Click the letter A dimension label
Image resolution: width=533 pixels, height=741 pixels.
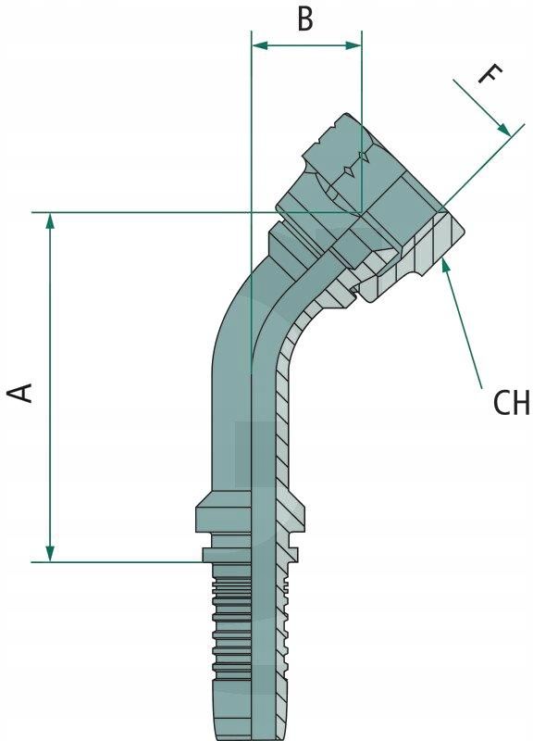(x=21, y=393)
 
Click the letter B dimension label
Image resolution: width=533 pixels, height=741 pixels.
(x=305, y=19)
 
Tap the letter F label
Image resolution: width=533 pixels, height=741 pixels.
(x=490, y=75)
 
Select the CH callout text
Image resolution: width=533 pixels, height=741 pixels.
(x=512, y=403)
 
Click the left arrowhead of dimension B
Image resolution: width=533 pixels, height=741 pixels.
(x=260, y=45)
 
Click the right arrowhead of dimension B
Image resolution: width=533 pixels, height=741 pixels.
(x=353, y=45)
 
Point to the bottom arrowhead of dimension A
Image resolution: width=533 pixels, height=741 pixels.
(x=50, y=554)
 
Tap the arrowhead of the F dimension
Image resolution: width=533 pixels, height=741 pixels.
(x=504, y=130)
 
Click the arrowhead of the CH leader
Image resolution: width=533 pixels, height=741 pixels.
(x=445, y=266)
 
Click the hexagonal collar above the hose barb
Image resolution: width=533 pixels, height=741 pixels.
(x=250, y=512)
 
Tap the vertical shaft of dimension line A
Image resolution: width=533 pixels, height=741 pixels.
(x=50, y=387)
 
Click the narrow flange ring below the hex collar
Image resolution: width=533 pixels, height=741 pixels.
(x=250, y=555)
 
